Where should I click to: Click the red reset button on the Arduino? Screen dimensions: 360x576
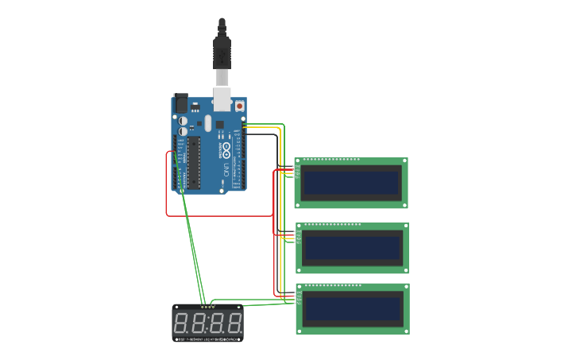pyautogui.click(x=239, y=106)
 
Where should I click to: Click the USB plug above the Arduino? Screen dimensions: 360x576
pyautogui.click(x=222, y=52)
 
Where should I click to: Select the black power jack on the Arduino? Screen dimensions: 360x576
pyautogui.click(x=181, y=103)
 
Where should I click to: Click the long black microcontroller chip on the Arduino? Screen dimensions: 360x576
pyautogui.click(x=191, y=162)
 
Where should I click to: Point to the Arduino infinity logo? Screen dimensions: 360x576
pyautogui.click(x=226, y=149)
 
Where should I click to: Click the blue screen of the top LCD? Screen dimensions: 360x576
pyautogui.click(x=350, y=183)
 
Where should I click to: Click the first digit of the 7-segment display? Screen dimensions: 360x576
pyautogui.click(x=180, y=323)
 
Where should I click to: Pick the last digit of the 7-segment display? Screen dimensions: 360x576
pyautogui.click(x=234, y=323)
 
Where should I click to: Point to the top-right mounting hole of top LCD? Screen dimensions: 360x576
pyautogui.click(x=404, y=161)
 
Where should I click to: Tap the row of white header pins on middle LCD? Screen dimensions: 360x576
pyautogui.click(x=332, y=225)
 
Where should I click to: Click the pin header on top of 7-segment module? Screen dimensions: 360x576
pyautogui.click(x=207, y=307)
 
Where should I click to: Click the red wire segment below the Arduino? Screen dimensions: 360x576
pyautogui.click(x=219, y=215)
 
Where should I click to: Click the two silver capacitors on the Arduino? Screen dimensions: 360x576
pyautogui.click(x=183, y=126)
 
